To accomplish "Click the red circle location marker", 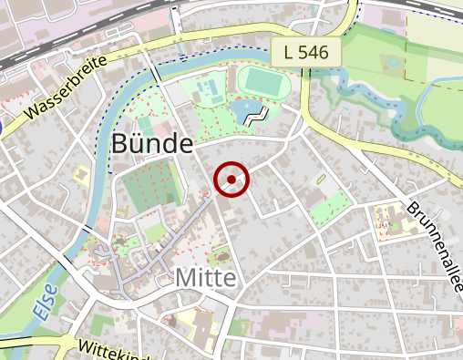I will [231, 180].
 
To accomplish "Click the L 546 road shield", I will [305, 52].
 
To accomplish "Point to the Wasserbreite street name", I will [67, 90].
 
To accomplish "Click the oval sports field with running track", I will [265, 82].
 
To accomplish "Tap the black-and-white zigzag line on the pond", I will [259, 116].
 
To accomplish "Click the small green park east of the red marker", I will [330, 207].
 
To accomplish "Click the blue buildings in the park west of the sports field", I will [210, 91].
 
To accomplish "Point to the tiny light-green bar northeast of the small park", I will [320, 180].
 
